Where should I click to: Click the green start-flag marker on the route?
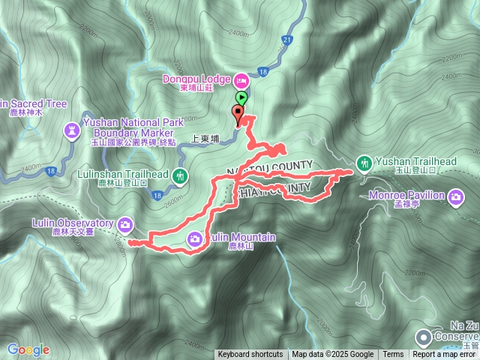(x=241, y=97)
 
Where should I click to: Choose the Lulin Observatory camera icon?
(x=125, y=223)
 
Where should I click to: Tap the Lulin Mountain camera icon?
(x=195, y=238)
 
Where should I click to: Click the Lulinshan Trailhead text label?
(x=122, y=174)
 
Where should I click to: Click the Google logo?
(x=28, y=349)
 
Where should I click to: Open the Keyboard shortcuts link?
(x=250, y=355)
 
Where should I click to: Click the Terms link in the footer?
(x=393, y=355)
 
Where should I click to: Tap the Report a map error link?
(x=445, y=355)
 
